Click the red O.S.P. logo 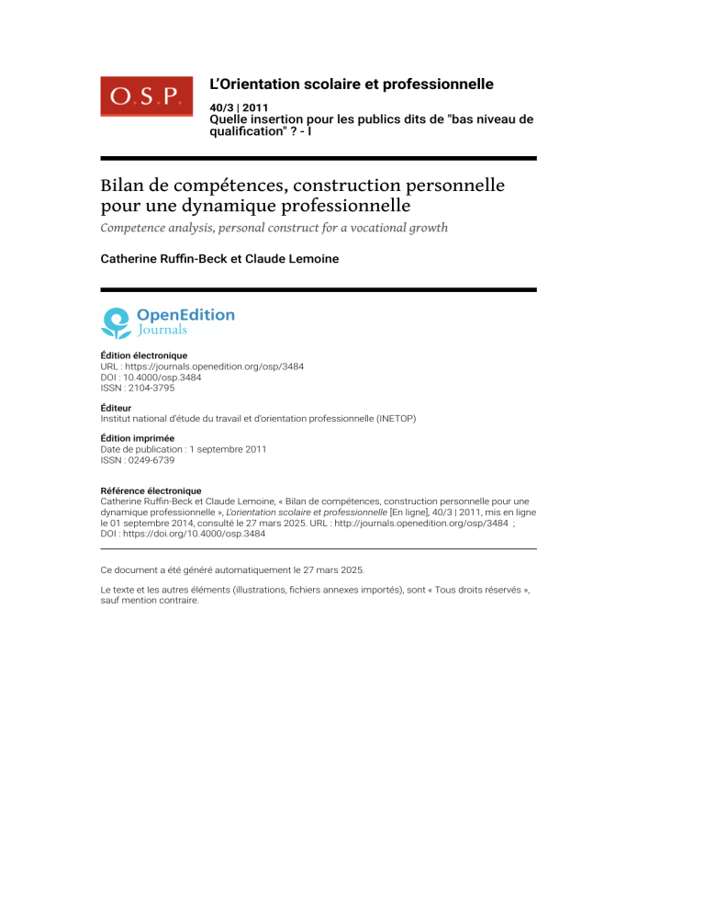146,96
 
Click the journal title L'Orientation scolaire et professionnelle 352,85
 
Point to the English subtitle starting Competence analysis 274,227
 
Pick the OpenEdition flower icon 116,322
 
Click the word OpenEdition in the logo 185,315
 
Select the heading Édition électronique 142,355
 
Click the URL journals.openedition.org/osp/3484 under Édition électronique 213,366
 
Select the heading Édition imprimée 137,438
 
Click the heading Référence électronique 150,490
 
